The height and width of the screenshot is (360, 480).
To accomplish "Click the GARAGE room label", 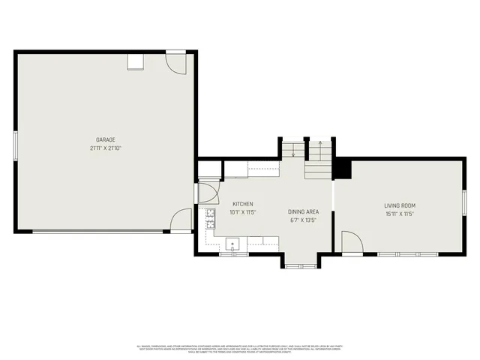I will (105, 139).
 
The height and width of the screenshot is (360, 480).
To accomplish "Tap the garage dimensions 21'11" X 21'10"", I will (105, 148).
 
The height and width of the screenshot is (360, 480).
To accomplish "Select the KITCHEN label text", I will (242, 204).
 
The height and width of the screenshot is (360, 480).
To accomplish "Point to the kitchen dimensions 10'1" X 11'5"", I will (243, 212).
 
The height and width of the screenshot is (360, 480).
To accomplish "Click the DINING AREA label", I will (304, 212).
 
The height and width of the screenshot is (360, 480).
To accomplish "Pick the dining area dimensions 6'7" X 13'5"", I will (304, 220).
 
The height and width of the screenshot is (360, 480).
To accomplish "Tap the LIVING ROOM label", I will (400, 205).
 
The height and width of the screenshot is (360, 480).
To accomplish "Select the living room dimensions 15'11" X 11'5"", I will (400, 214).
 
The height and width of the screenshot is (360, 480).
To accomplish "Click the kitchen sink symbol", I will (233, 242).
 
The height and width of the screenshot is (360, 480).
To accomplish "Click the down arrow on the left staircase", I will (292, 153).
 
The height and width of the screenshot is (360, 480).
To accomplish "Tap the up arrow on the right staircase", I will (320, 142).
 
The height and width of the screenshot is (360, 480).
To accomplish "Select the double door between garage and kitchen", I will (206, 191).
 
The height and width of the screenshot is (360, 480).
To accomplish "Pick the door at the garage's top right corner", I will (176, 62).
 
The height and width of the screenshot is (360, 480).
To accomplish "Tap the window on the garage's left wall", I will (15, 145).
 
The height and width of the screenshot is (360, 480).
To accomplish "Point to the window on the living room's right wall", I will (465, 202).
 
